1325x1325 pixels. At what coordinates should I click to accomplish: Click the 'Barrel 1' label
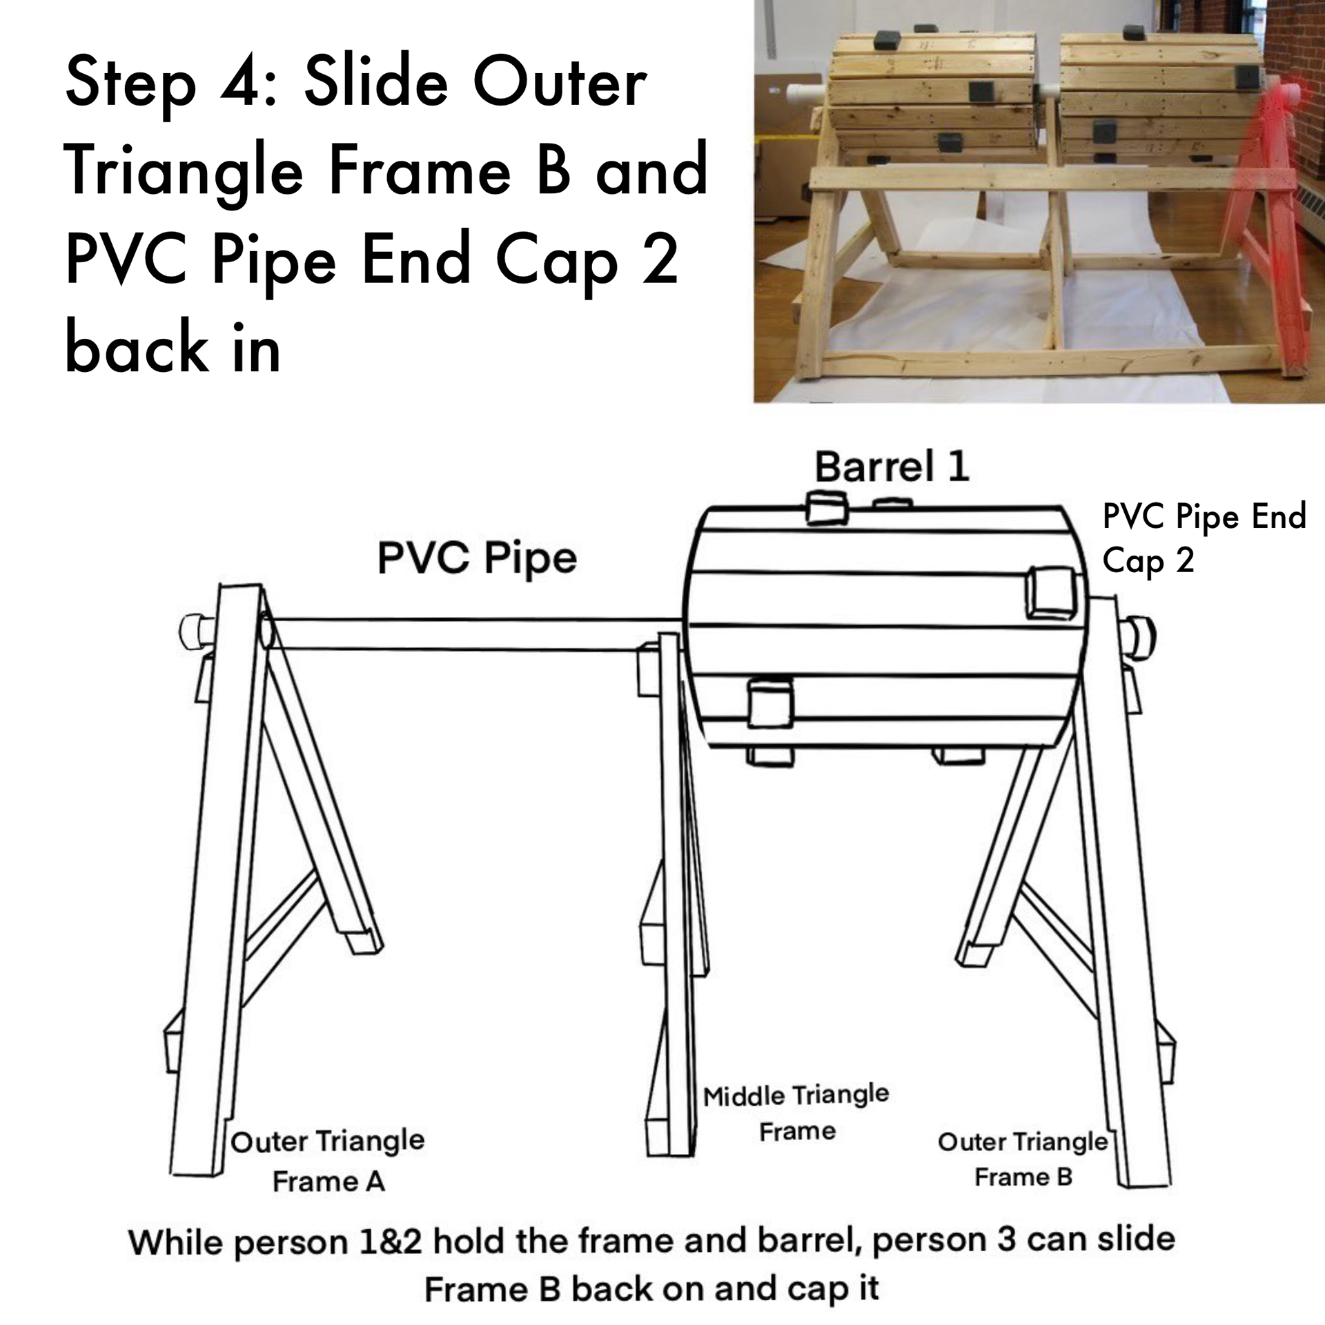[x=892, y=467]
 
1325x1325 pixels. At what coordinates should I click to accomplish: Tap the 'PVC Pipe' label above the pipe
[x=477, y=558]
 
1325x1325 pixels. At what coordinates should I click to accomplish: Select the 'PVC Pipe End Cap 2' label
[x=1204, y=538]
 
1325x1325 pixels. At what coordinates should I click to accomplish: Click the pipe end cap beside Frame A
[x=197, y=630]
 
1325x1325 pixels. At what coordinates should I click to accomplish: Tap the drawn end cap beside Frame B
[x=1139, y=637]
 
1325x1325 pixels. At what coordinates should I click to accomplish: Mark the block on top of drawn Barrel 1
[x=826, y=508]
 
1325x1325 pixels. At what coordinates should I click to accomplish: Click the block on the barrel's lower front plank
[x=770, y=703]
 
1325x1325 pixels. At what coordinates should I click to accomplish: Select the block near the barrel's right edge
[x=1050, y=592]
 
